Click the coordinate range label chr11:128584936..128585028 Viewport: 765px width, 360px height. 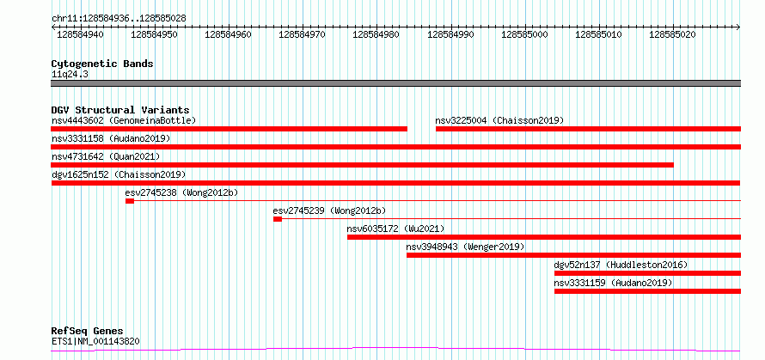point(119,19)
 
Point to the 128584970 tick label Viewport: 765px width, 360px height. point(302,35)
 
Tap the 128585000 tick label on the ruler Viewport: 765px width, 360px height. point(524,35)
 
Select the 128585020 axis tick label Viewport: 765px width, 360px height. point(673,35)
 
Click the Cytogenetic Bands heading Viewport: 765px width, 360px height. point(102,64)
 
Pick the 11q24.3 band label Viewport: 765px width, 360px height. point(70,75)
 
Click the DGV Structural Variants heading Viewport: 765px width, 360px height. point(120,110)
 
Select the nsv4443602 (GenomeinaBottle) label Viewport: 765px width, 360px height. point(124,120)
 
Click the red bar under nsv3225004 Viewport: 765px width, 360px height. point(588,129)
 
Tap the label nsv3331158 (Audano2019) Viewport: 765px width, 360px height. point(111,138)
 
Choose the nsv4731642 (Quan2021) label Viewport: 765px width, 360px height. point(106,156)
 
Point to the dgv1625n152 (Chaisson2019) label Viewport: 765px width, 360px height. point(119,174)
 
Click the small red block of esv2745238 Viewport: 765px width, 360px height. point(129,201)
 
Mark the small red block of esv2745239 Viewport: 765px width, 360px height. point(278,219)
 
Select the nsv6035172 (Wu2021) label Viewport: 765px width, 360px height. point(395,229)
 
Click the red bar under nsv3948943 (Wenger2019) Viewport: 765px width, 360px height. point(574,255)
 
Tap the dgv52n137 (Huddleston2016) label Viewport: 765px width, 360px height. point(621,265)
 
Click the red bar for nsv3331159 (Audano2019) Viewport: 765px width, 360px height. point(647,291)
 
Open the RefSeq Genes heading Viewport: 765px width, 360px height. point(88,332)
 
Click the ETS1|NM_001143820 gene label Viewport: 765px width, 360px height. point(95,341)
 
